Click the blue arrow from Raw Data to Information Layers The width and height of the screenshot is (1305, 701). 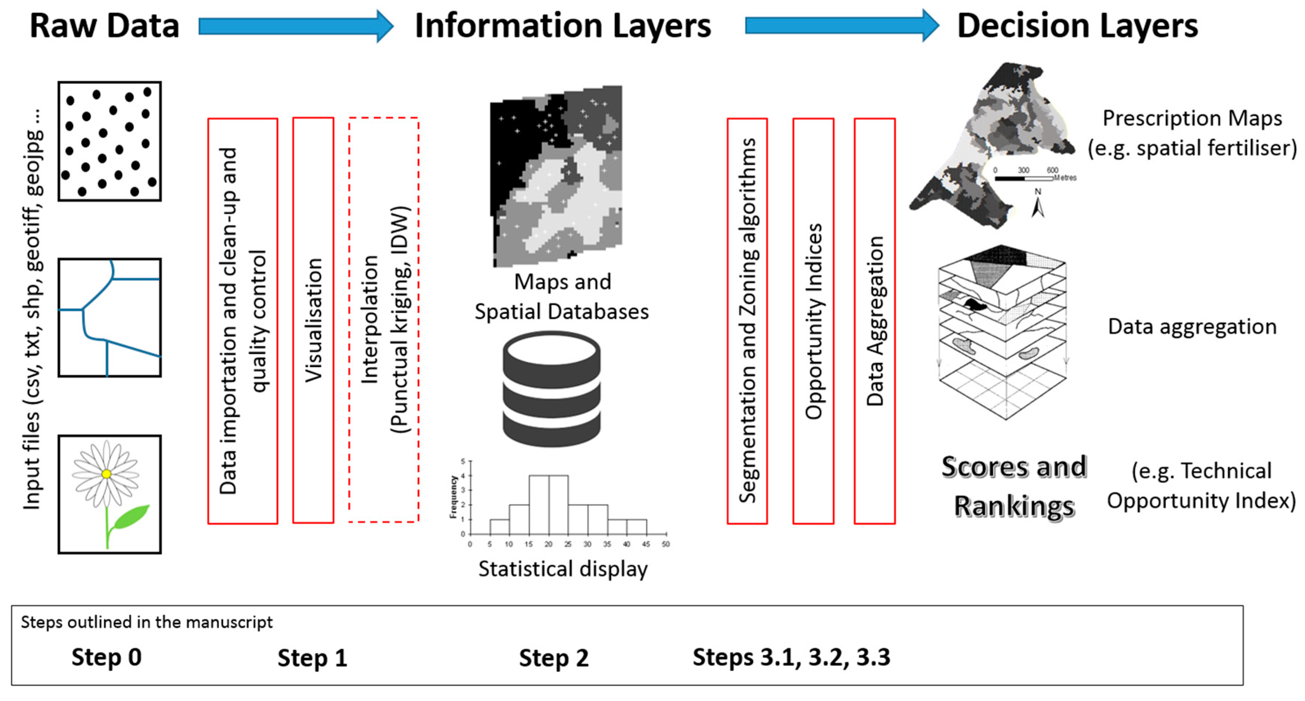[x=296, y=26]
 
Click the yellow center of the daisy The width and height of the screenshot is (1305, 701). [x=106, y=474]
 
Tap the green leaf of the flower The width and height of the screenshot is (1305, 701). [x=131, y=518]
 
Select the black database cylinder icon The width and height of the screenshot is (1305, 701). [x=552, y=389]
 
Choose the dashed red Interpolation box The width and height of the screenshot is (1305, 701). [x=383, y=320]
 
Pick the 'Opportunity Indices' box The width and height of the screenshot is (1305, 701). [x=813, y=321]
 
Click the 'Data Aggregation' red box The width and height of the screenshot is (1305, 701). [x=874, y=321]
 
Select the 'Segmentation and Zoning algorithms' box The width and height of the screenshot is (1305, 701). [x=747, y=321]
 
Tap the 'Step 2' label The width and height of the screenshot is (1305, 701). [x=554, y=658]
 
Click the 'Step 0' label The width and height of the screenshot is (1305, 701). [x=106, y=657]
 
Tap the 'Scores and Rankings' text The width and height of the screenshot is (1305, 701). [x=1014, y=486]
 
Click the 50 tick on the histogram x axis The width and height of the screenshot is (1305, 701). [x=666, y=544]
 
